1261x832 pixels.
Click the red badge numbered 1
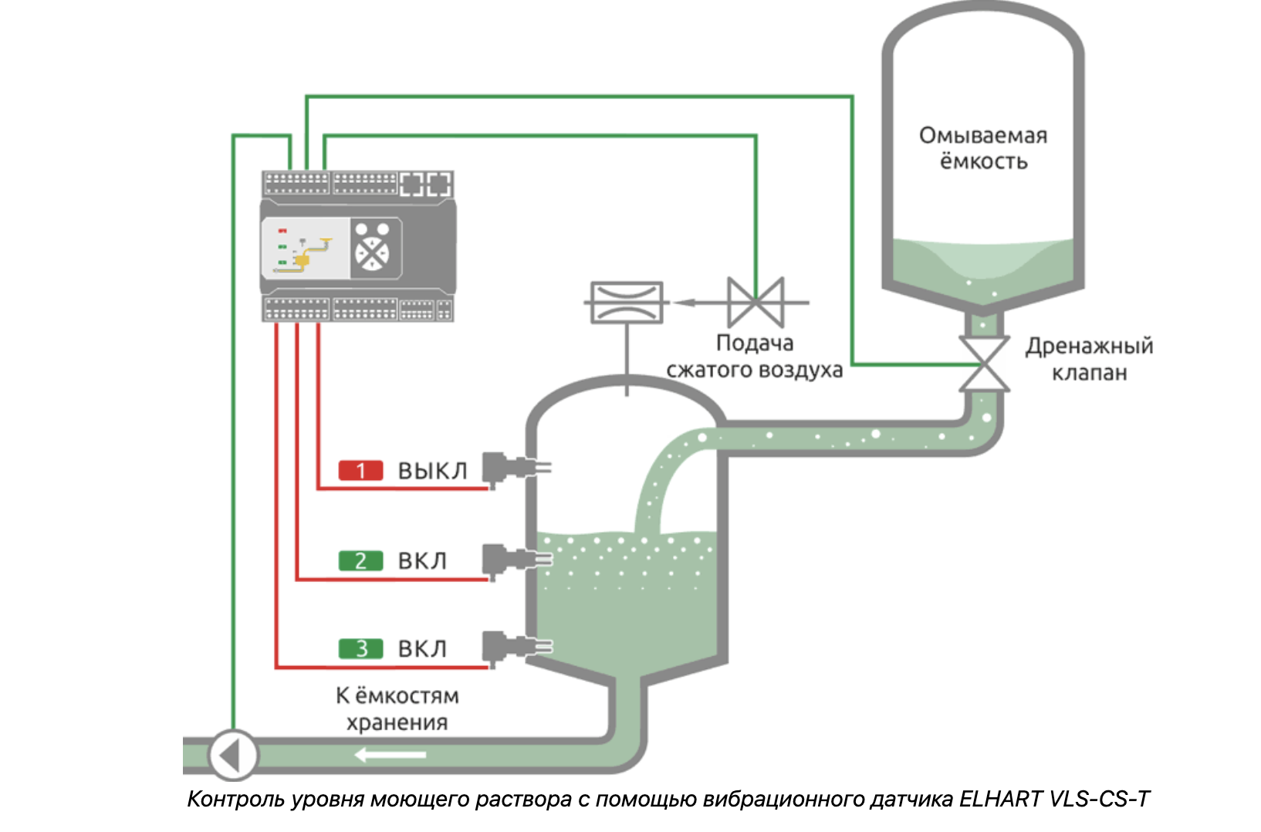point(360,470)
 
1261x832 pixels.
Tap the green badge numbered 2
point(360,560)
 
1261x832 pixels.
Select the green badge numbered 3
point(360,649)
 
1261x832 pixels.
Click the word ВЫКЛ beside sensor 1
point(432,471)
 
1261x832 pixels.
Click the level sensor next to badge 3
point(513,647)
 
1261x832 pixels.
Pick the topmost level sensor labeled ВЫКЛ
point(513,467)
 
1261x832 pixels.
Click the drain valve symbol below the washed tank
point(984,364)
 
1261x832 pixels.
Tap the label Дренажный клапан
point(1089,359)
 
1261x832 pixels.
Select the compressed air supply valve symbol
point(756,303)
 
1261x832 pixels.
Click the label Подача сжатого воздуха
point(754,356)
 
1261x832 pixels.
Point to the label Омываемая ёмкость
point(983,148)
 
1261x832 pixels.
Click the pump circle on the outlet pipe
point(232,755)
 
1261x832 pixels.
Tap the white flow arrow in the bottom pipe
point(390,754)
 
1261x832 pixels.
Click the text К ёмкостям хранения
point(397,709)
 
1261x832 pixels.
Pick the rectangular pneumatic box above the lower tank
point(626,302)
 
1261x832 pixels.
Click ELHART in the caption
point(1001,799)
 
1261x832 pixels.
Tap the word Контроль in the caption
point(236,799)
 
